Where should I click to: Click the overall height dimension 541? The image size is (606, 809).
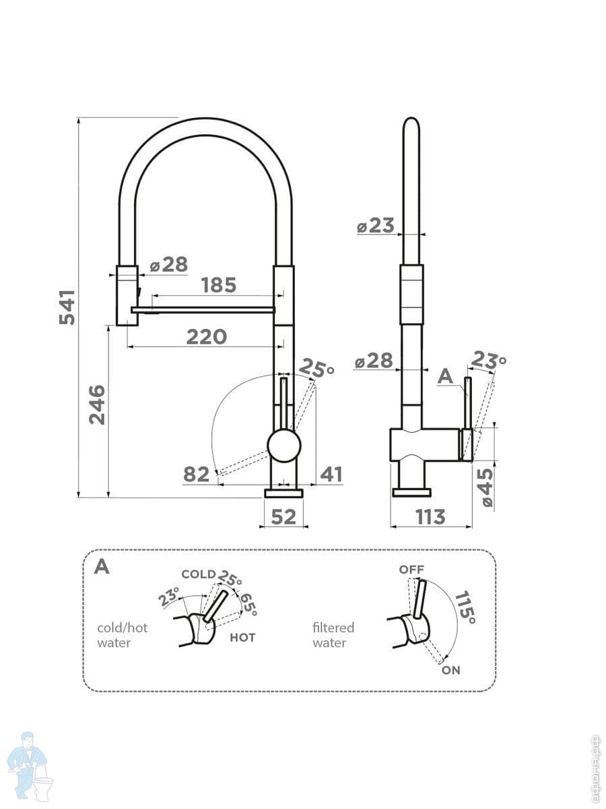pos(67,307)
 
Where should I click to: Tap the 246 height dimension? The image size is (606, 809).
pos(98,404)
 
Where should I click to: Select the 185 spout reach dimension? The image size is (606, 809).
pos(220,285)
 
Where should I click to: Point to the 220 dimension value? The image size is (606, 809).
pos(206,336)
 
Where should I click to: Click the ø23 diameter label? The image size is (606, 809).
pos(376,225)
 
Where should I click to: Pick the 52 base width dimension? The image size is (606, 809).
pos(283,516)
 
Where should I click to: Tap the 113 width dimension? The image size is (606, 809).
pos(430,516)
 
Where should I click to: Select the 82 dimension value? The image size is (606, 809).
pos(197,475)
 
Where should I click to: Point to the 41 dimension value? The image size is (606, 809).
pos(331,475)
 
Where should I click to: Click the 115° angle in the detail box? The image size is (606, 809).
pos(465,607)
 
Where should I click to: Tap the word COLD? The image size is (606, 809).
pos(199,574)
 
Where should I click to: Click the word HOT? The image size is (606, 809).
pos(242,637)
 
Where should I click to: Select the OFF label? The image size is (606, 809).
pos(411,570)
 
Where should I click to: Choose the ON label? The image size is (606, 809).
pos(451,671)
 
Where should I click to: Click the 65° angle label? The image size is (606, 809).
pos(247,603)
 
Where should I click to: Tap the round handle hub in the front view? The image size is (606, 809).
pos(283,446)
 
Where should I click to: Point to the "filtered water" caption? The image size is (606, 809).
pos(333,635)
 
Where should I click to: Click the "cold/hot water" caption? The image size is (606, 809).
pos(122,635)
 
